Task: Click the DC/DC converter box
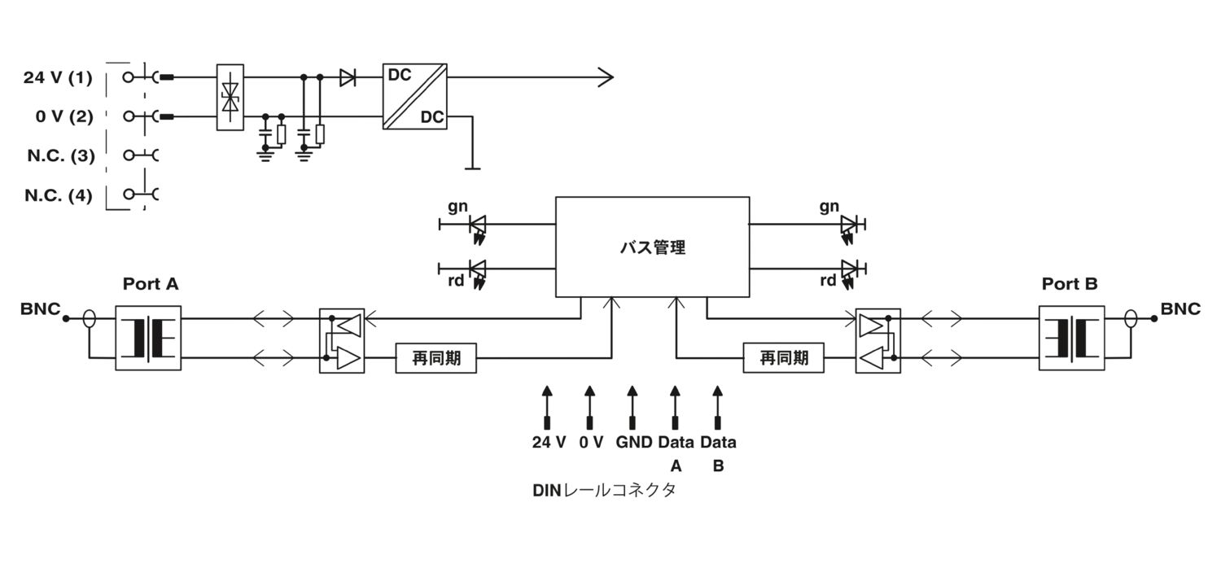click(414, 96)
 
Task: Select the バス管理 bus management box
click(652, 247)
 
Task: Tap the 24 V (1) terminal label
click(58, 78)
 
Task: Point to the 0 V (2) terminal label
click(64, 116)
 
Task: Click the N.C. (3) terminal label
click(60, 155)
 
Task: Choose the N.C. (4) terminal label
click(58, 195)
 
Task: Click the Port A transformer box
click(148, 338)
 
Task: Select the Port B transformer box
click(1071, 338)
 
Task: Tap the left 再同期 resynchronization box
click(436, 357)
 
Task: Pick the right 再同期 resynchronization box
click(783, 357)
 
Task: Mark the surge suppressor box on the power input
click(230, 97)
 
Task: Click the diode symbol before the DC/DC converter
click(348, 78)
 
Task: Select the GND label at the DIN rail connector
click(633, 443)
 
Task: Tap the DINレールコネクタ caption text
click(604, 492)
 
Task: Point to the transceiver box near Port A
click(342, 340)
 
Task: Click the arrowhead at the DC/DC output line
click(605, 78)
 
